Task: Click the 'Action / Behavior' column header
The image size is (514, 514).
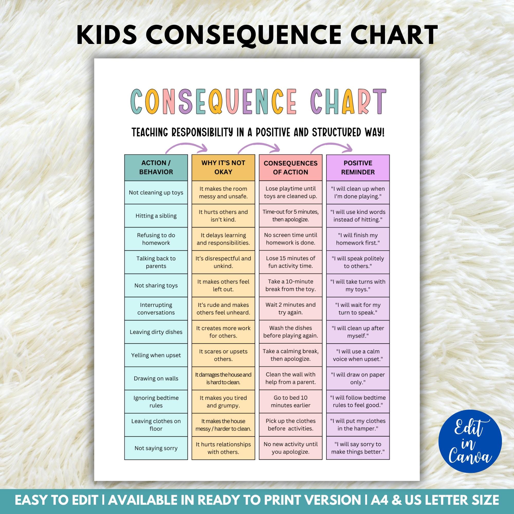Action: click(x=156, y=167)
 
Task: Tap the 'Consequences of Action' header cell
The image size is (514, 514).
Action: click(x=290, y=167)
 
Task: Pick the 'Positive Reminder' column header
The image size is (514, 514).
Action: click(x=357, y=167)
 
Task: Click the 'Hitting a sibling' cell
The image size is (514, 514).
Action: click(x=156, y=216)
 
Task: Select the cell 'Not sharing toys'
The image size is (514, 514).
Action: click(x=156, y=286)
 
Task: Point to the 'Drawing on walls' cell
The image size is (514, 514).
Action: click(x=156, y=378)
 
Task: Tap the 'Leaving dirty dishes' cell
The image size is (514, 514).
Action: click(x=156, y=332)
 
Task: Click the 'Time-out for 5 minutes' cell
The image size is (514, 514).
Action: click(x=290, y=216)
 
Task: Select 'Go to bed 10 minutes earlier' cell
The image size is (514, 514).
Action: click(x=290, y=401)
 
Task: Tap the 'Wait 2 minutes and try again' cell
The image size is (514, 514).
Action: click(x=290, y=309)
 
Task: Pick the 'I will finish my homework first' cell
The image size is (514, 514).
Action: click(x=357, y=239)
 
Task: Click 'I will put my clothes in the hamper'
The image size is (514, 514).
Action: click(x=357, y=425)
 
